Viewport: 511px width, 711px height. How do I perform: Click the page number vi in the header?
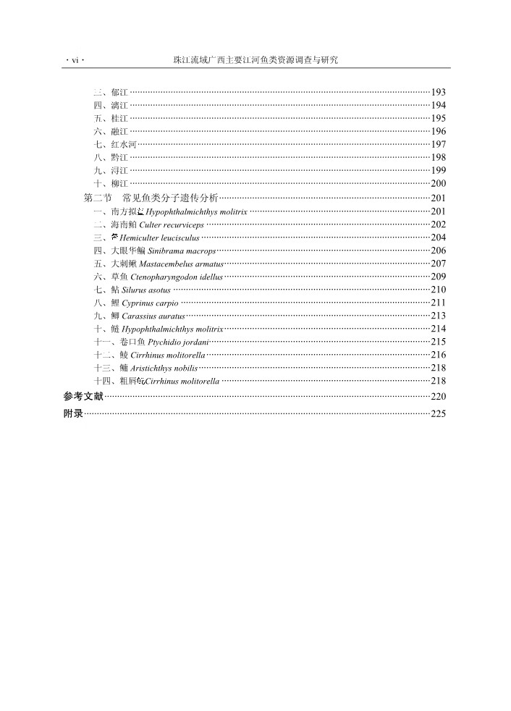pyautogui.click(x=74, y=61)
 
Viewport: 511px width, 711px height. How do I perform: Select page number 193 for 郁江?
pyautogui.click(x=438, y=93)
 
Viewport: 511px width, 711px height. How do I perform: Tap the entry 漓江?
pyautogui.click(x=111, y=106)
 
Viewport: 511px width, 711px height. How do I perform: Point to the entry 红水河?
pyautogui.click(x=115, y=145)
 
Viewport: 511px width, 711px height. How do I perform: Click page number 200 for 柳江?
pyautogui.click(x=438, y=184)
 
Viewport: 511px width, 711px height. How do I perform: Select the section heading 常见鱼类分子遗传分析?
pyautogui.click(x=170, y=198)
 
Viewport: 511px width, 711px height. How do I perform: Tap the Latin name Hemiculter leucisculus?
pyautogui.click(x=159, y=238)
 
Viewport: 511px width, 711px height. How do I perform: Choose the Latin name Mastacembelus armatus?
pyautogui.click(x=181, y=264)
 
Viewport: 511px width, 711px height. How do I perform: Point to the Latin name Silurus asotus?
pyautogui.click(x=146, y=290)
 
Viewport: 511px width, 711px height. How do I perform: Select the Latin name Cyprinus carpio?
pyautogui.click(x=151, y=303)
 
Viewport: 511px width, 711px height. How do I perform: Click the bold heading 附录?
pyautogui.click(x=73, y=413)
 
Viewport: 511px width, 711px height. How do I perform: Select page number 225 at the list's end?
pyautogui.click(x=438, y=414)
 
